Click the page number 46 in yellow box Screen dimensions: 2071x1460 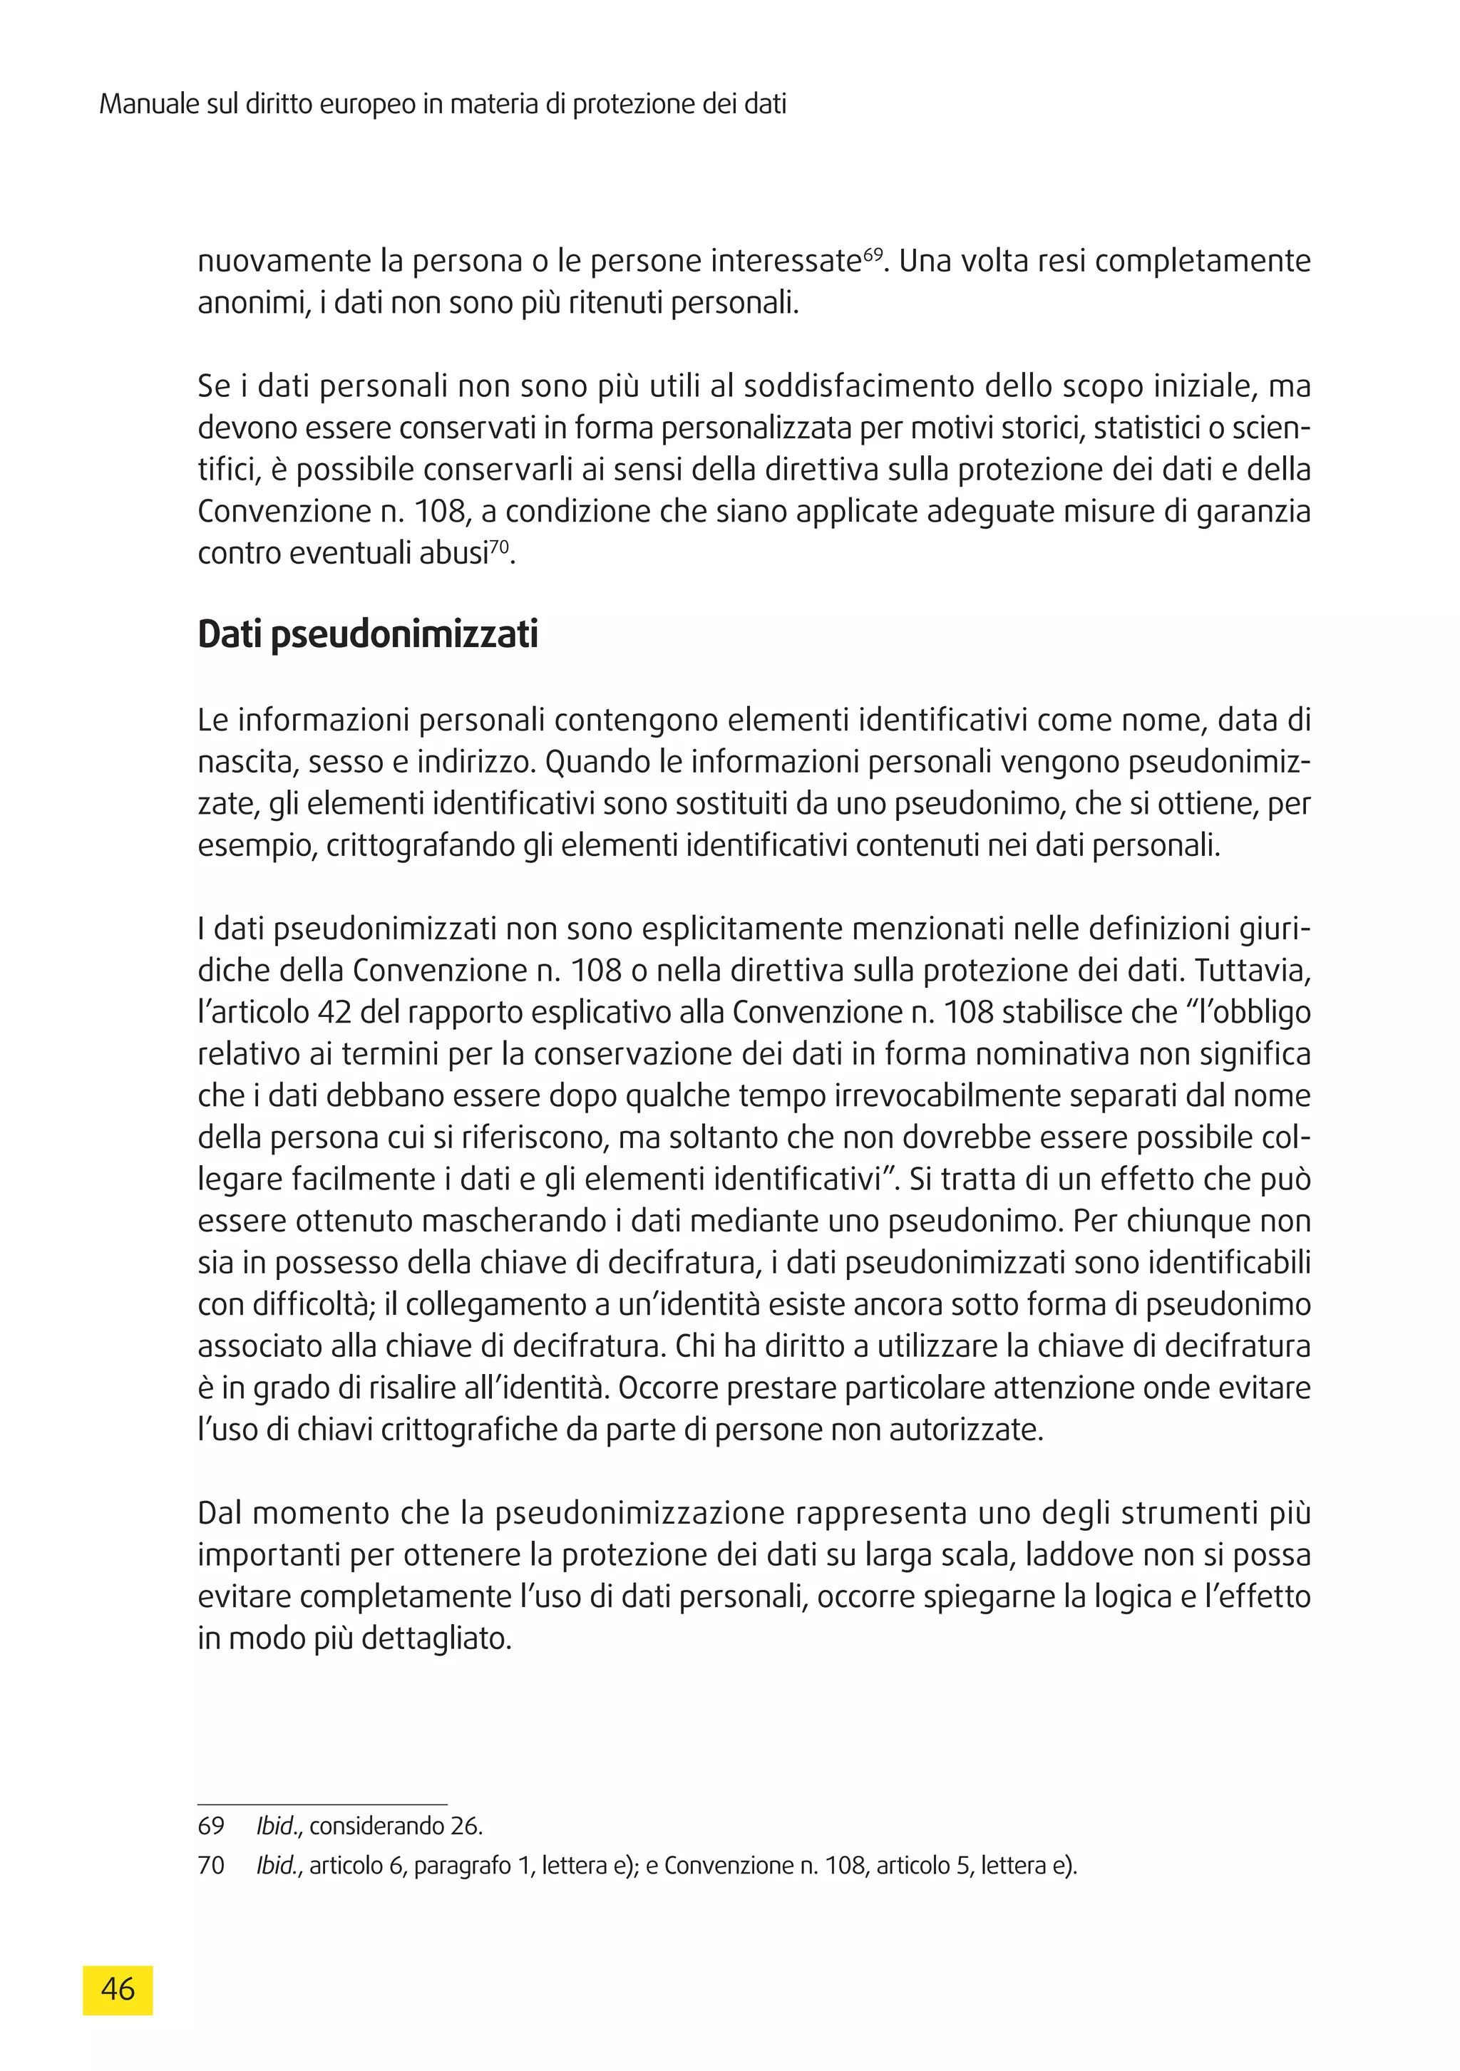click(x=118, y=1988)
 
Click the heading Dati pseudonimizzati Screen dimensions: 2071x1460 click(x=367, y=635)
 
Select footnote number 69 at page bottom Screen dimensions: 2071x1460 click(x=210, y=1827)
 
